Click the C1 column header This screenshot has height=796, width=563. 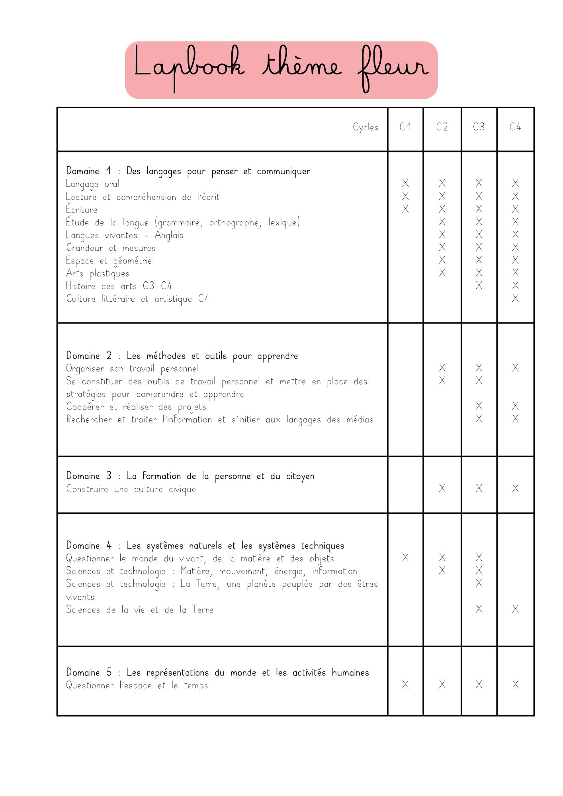pyautogui.click(x=405, y=127)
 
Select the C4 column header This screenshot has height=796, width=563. pyautogui.click(x=515, y=127)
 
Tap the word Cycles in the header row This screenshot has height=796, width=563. pyautogui.click(x=365, y=127)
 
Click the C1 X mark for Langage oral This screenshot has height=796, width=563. pyautogui.click(x=405, y=183)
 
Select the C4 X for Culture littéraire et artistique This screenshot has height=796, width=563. pyautogui.click(x=515, y=298)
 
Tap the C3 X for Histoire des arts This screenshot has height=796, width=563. pyautogui.click(x=479, y=285)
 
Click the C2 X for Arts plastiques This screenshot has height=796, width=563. pyautogui.click(x=442, y=273)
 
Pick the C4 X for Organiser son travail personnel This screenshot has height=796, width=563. pyautogui.click(x=515, y=368)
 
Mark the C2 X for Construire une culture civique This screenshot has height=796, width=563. pyautogui.click(x=442, y=488)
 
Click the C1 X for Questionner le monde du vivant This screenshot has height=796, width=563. pyautogui.click(x=405, y=558)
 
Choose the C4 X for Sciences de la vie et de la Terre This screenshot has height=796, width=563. pyautogui.click(x=515, y=609)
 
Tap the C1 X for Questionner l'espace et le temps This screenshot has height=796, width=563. pyautogui.click(x=405, y=685)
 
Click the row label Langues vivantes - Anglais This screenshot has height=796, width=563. pyautogui.click(x=125, y=235)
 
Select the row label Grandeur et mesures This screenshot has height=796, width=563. pyautogui.click(x=111, y=248)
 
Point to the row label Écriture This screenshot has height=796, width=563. pyautogui.click(x=82, y=209)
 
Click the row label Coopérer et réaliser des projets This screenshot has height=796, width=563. pyautogui.click(x=136, y=407)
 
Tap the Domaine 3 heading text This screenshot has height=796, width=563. pyautogui.click(x=190, y=476)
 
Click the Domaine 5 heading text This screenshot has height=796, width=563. pyautogui.click(x=217, y=673)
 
